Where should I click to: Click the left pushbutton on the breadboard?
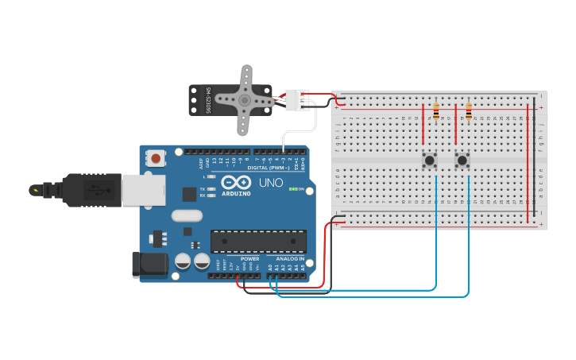[430, 161]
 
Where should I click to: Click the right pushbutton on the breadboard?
[462, 161]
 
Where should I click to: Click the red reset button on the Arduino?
[156, 159]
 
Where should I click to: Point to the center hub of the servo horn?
[244, 101]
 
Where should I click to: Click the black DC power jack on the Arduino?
[149, 265]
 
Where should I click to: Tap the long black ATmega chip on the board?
[258, 242]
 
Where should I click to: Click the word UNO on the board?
[271, 184]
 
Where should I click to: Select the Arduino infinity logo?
[236, 183]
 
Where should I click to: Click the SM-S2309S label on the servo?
[208, 100]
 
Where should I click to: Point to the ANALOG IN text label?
[290, 259]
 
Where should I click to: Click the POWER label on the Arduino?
[249, 259]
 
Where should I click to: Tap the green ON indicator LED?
[292, 189]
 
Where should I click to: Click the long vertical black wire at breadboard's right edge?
[535, 159]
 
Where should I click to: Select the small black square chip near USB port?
[189, 194]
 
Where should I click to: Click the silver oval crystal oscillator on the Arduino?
[187, 215]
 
